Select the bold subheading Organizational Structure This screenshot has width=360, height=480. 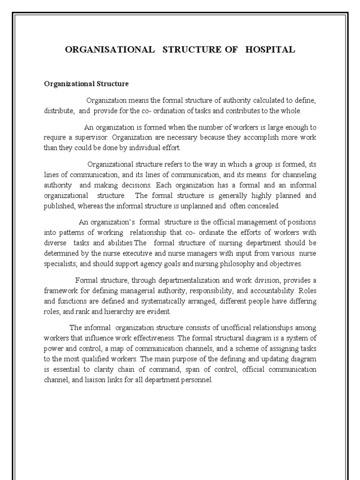coord(86,84)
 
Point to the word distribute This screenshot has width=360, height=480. coord(59,111)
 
